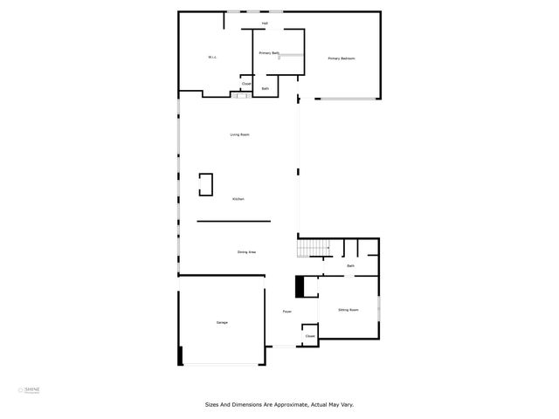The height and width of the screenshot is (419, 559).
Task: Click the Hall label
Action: pyautogui.click(x=265, y=23)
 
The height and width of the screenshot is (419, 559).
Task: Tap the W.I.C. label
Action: pyautogui.click(x=211, y=58)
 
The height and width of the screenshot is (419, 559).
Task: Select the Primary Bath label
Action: pyautogui.click(x=269, y=53)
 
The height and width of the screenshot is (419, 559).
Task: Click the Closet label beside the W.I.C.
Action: pyautogui.click(x=246, y=84)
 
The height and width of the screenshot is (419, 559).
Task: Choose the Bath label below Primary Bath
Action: pyautogui.click(x=266, y=88)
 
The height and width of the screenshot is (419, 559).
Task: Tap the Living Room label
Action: pyautogui.click(x=239, y=134)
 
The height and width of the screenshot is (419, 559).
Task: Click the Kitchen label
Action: pyautogui.click(x=238, y=199)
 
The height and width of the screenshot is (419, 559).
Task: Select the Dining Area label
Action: pyautogui.click(x=246, y=252)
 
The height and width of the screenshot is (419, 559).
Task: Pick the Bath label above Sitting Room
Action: pyautogui.click(x=350, y=265)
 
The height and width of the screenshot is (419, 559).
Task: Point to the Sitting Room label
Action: pyautogui.click(x=349, y=310)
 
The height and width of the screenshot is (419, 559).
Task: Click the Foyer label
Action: pyautogui.click(x=286, y=312)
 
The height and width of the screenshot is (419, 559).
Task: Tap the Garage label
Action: pyautogui.click(x=222, y=323)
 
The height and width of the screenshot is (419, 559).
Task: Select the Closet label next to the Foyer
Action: pyautogui.click(x=309, y=335)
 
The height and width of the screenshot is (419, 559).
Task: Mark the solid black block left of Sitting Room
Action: pyautogui.click(x=300, y=286)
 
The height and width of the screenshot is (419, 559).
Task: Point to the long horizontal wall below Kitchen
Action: pyautogui.click(x=233, y=221)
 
